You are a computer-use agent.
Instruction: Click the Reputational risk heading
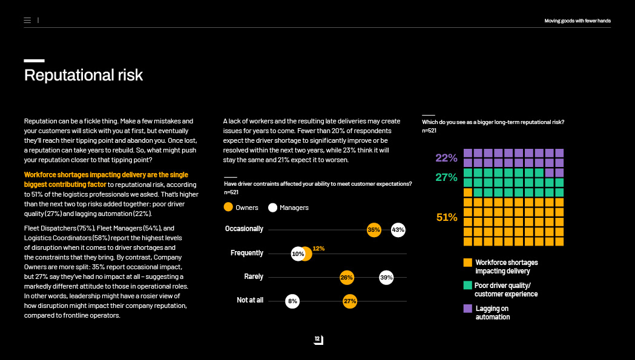(84, 75)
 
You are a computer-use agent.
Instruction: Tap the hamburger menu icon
(27, 21)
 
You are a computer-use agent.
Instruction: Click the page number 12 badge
(318, 340)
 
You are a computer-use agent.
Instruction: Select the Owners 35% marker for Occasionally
(374, 230)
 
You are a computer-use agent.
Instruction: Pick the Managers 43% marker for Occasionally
(398, 230)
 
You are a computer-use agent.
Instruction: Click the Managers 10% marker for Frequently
(298, 254)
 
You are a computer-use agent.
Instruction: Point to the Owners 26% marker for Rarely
(346, 278)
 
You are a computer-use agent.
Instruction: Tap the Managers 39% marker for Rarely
(386, 278)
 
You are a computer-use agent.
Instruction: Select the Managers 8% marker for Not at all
(292, 301)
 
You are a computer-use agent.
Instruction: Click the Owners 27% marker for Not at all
(350, 301)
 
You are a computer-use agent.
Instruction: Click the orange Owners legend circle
(228, 207)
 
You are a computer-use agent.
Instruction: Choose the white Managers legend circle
(272, 207)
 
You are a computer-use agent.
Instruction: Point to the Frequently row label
(247, 253)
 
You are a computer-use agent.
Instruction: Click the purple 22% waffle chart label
(446, 158)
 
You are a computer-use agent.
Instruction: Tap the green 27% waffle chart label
(446, 178)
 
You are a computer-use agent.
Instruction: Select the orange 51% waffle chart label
(446, 217)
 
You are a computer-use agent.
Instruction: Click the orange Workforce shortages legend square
(467, 263)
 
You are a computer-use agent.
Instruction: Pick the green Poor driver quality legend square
(467, 285)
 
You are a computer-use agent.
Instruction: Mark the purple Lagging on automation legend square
(467, 309)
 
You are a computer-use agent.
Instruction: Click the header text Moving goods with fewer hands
(577, 21)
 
